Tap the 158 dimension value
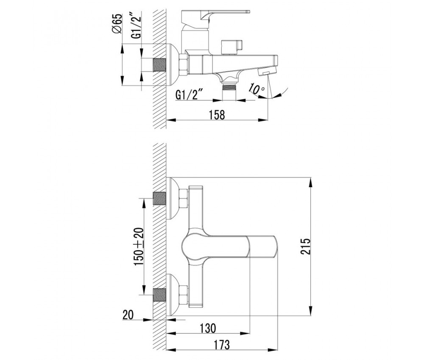pyautogui.click(x=217, y=115)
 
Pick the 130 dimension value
pyautogui.click(x=208, y=328)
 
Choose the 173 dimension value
pyautogui.click(x=222, y=345)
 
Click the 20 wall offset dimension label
pyautogui.click(x=128, y=315)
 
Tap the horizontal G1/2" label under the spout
pyautogui.click(x=189, y=95)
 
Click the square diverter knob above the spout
pyautogui.click(x=232, y=47)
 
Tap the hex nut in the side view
pyautogui.click(x=183, y=64)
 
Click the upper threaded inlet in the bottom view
pyautogui.click(x=159, y=199)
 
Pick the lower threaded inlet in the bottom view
pyautogui.click(x=159, y=295)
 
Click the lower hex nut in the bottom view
pyautogui.click(x=184, y=295)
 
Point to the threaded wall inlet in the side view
pyautogui.click(x=159, y=65)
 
